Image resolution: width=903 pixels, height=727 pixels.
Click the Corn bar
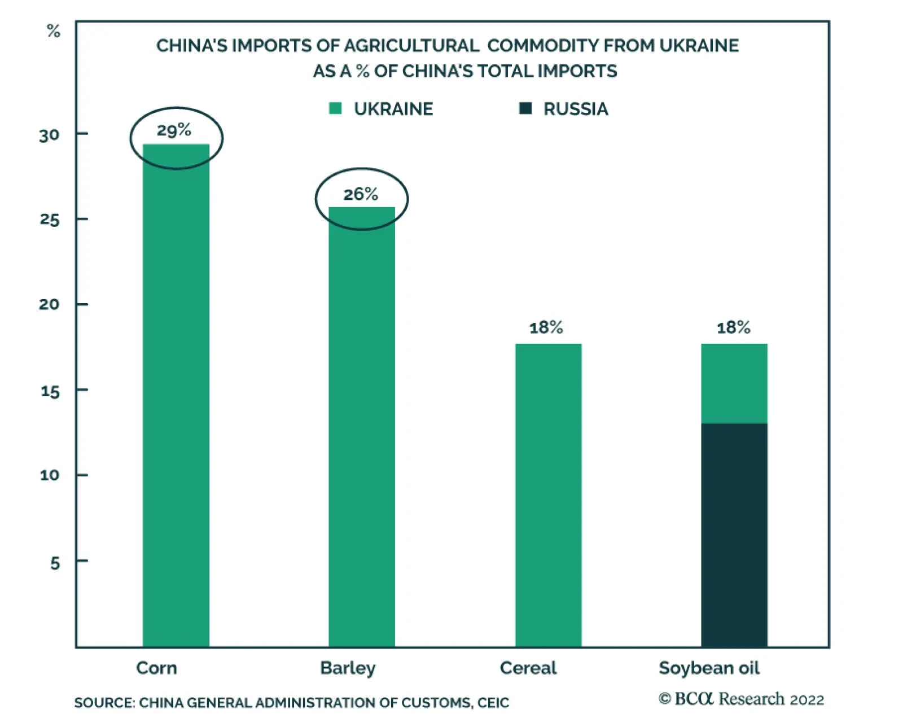tap(176, 395)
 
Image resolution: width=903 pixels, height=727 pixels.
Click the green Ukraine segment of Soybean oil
tap(734, 383)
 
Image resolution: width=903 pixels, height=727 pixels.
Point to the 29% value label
tap(174, 130)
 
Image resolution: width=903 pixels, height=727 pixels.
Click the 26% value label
tap(361, 195)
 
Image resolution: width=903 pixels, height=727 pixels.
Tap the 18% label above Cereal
tap(546, 327)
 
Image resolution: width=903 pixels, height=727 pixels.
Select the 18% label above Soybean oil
tap(733, 327)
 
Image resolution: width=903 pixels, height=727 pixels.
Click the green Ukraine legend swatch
tap(335, 108)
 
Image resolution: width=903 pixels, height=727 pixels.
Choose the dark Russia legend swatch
tap(525, 108)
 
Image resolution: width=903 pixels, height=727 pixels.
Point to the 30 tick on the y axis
tap(49, 135)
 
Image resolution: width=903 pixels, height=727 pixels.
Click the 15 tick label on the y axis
tap(50, 391)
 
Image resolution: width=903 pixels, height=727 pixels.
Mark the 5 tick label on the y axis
tap(55, 563)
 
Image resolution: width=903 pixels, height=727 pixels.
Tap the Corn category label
tap(156, 668)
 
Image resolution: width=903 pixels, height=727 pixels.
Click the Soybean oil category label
tap(709, 668)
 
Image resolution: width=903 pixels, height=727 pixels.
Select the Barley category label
tap(348, 668)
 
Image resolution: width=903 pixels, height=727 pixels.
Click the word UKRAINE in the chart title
tap(699, 46)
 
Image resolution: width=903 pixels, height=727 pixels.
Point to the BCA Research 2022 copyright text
tap(741, 699)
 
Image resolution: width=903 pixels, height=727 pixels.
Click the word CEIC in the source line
tap(493, 703)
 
